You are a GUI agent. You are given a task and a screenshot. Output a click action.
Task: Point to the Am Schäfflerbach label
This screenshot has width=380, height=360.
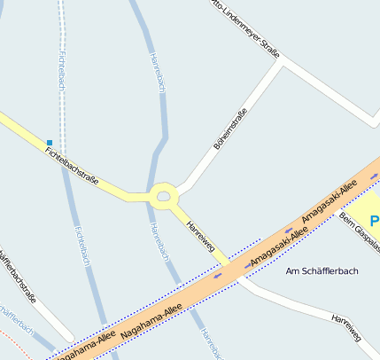[x=322, y=270]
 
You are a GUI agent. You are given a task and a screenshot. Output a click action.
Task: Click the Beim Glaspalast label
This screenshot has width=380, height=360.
[x=360, y=229]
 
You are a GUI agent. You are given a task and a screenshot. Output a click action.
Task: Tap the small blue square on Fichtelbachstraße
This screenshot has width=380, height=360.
[x=50, y=142]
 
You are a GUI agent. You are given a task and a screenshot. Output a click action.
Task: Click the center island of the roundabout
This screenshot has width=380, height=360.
[x=163, y=196]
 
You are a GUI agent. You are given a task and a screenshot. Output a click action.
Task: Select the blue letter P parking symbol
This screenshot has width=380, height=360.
[x=375, y=219]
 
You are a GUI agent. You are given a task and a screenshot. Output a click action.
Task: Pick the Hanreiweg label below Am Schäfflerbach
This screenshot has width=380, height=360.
[x=346, y=327]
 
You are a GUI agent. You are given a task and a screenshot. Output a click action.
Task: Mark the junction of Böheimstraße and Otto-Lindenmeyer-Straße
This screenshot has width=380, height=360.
[x=282, y=62]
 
